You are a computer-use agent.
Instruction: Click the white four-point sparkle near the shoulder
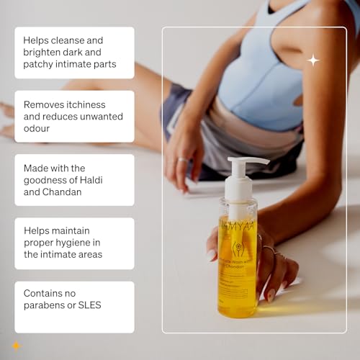pos(313,60)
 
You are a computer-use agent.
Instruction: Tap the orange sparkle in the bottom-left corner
pos(16,346)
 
